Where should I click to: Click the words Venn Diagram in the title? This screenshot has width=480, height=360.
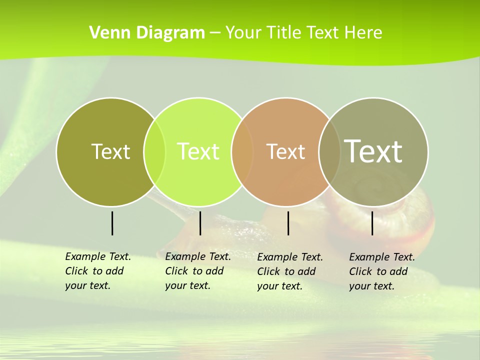point(147,33)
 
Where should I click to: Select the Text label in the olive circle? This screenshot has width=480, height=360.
point(110,151)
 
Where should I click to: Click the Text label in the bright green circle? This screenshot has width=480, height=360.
point(198,151)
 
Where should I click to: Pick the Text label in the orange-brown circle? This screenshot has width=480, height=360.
point(285,151)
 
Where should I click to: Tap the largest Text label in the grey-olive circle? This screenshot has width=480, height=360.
point(373,151)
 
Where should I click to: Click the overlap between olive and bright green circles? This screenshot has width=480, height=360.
point(154,151)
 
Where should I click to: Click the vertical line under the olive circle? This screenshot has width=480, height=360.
point(112,223)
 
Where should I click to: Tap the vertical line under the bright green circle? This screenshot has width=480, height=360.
point(200,223)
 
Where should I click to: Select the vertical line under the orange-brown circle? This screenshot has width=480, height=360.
point(288,223)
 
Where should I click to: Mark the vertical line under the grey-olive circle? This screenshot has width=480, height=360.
point(372,223)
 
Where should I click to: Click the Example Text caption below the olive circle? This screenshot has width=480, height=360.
point(97,271)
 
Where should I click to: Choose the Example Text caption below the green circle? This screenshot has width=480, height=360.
point(197,271)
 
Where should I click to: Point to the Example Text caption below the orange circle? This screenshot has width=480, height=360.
point(289,271)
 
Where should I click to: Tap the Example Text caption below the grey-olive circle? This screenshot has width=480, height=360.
point(381,271)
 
